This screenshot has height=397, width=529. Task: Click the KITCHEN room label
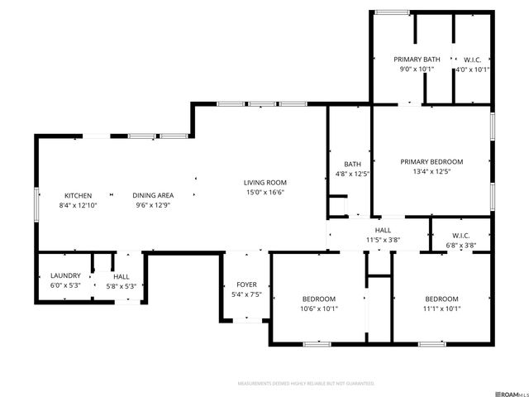[x=78, y=195]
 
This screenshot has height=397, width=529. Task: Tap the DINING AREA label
[x=153, y=195]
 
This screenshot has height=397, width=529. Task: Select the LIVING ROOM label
[x=264, y=183]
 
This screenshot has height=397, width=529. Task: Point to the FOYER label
[x=246, y=284]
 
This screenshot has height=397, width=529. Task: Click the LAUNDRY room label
[x=65, y=275]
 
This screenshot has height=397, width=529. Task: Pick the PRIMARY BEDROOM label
[x=431, y=162]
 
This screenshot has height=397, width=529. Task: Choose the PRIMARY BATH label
[x=417, y=60]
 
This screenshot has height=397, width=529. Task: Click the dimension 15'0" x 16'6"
[x=264, y=192]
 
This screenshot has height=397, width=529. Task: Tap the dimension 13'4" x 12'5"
[x=431, y=172]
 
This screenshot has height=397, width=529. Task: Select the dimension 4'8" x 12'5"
[x=352, y=174]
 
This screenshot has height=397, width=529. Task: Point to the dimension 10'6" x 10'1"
[x=318, y=309]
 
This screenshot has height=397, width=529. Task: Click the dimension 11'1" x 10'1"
[x=441, y=309]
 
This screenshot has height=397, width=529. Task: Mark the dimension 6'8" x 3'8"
[x=461, y=245]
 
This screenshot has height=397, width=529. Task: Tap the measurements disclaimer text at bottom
[x=306, y=384]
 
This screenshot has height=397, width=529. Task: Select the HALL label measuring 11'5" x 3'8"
[x=383, y=230]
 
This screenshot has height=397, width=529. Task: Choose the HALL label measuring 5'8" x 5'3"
[x=122, y=276]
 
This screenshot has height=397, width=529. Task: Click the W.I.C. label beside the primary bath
[x=472, y=60]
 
